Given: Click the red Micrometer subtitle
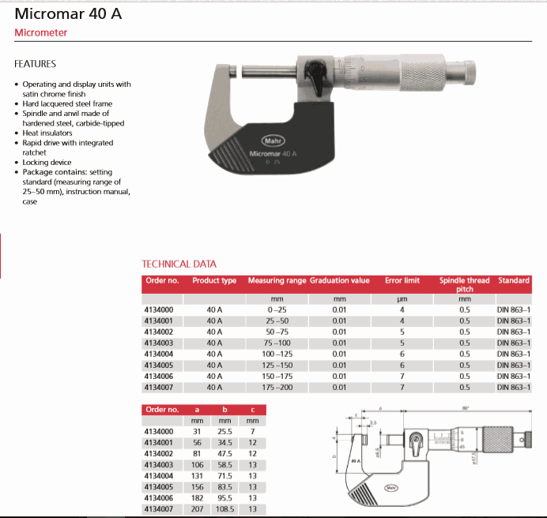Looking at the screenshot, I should (x=41, y=33).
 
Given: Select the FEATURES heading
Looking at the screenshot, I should (x=35, y=64).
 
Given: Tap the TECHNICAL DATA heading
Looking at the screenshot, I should (x=179, y=264).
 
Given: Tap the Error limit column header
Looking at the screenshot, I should (x=402, y=280).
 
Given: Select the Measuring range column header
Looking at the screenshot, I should (x=277, y=280).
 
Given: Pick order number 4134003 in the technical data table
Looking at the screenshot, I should (x=158, y=343).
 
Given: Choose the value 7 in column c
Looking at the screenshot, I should (x=252, y=432).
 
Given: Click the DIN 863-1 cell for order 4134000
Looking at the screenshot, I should (x=513, y=310).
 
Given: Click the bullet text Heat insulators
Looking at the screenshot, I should (x=51, y=133).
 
